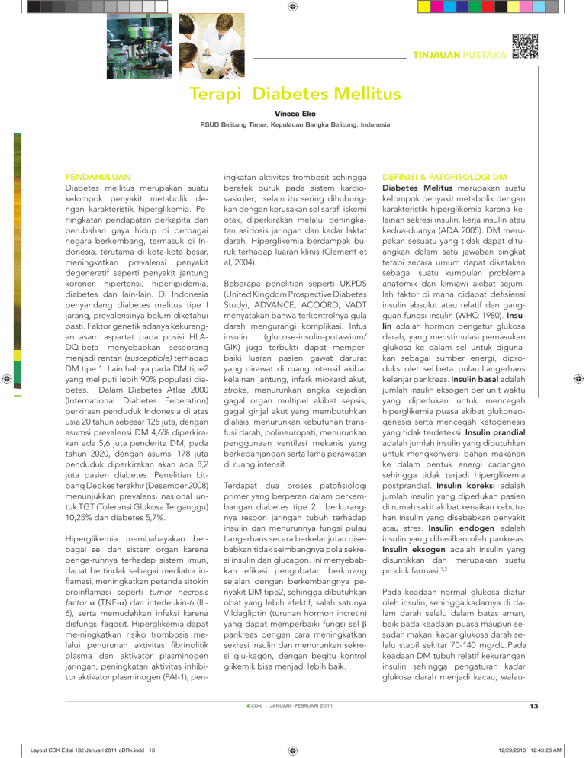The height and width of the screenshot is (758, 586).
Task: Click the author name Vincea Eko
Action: [x=293, y=114]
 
